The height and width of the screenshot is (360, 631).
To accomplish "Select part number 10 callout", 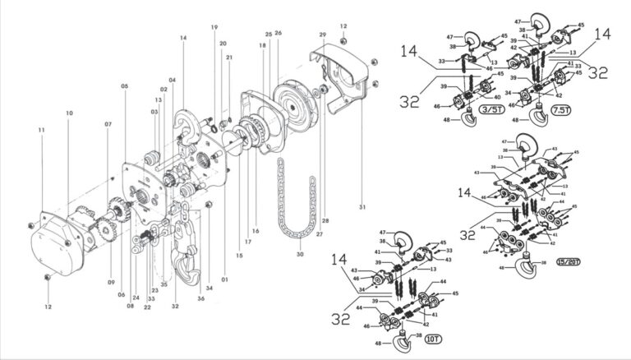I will click(x=69, y=113).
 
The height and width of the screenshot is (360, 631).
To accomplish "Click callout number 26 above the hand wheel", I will click(x=279, y=34).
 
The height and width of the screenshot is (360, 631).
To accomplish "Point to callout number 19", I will click(x=214, y=28).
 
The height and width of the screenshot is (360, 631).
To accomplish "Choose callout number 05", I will click(x=124, y=86).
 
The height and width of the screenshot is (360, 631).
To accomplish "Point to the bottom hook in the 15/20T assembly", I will click(x=521, y=268).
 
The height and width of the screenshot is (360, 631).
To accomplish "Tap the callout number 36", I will click(x=200, y=298).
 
